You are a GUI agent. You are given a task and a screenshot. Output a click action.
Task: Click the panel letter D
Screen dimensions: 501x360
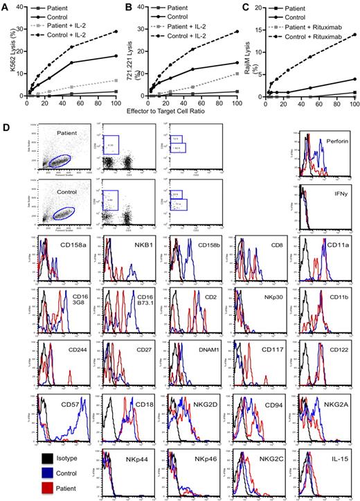pos(6,128)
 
